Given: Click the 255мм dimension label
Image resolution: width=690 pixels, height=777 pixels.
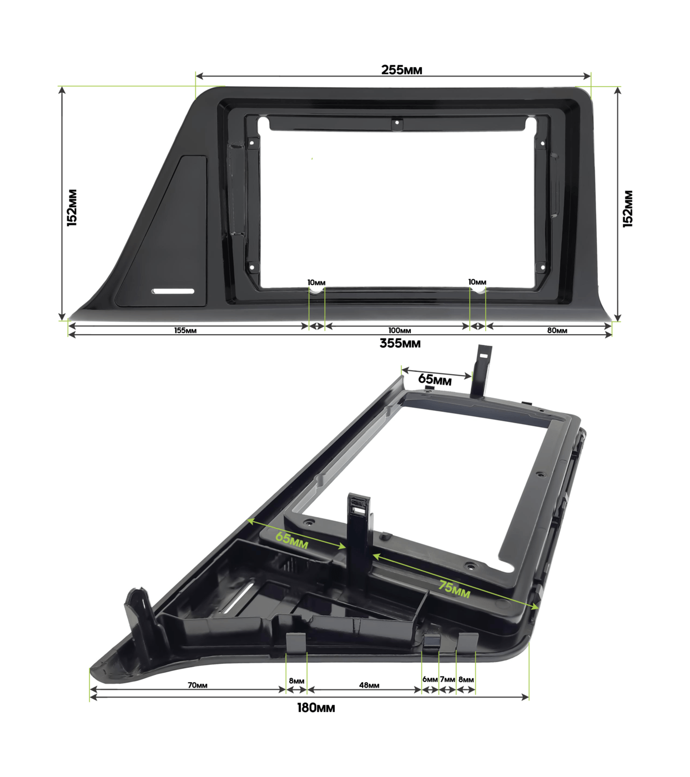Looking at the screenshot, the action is coord(401,70).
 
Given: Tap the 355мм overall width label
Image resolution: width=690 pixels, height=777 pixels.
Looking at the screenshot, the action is coord(400,343).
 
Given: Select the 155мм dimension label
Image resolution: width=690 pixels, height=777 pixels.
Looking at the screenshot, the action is coord(185,330).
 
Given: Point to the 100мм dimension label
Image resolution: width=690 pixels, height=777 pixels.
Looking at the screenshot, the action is coord(399,330).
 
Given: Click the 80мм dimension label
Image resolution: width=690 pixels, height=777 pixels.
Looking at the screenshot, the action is coord(557,330).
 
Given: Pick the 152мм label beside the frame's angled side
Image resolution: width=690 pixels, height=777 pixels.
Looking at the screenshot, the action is coord(72,208).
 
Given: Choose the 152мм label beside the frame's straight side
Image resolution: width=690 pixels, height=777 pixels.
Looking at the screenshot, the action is coord(627,209).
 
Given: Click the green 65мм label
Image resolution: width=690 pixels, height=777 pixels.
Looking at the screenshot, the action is coord(291,540).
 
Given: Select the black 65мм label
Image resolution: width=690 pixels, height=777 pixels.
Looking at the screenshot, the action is coord(435,379).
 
